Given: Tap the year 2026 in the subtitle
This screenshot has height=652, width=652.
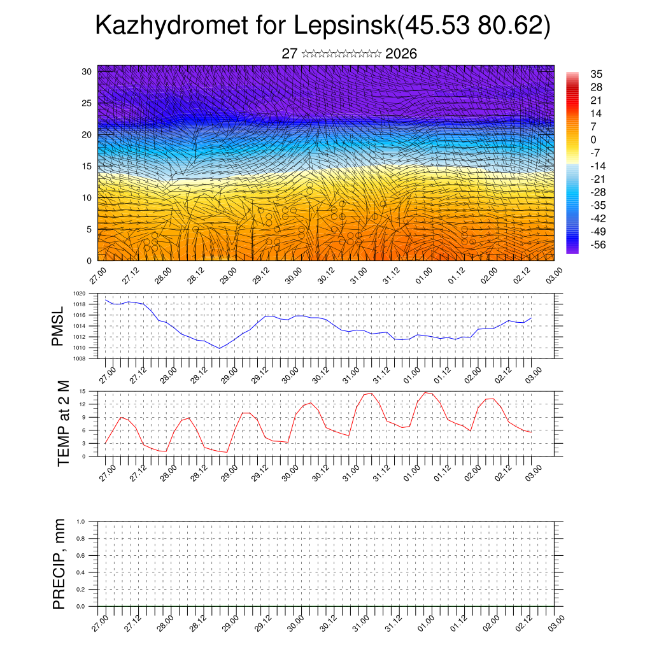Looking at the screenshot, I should (401, 54).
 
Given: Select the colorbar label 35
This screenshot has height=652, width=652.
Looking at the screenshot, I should (596, 74).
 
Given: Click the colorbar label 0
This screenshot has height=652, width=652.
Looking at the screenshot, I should (593, 139).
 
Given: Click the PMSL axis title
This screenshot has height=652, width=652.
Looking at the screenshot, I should (58, 327).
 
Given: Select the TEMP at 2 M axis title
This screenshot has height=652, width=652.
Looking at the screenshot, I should (63, 423).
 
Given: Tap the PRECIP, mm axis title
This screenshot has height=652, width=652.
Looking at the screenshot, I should (59, 563).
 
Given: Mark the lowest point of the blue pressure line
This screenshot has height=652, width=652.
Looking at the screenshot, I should (219, 348).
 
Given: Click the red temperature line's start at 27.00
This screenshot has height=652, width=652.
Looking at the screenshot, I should (105, 443).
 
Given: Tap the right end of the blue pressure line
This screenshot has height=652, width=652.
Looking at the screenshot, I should (531, 318).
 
